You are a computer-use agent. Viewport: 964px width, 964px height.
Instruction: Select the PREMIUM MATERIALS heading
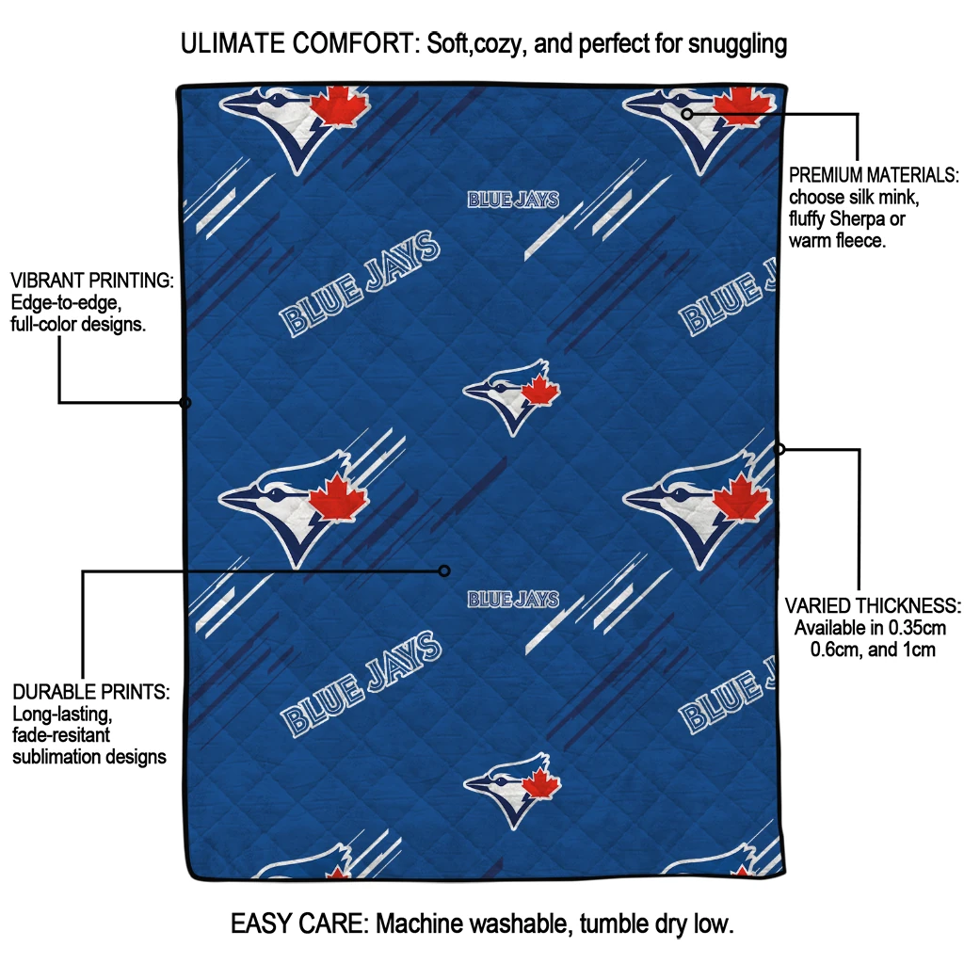(x=874, y=176)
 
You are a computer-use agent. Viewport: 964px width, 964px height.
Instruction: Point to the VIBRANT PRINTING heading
(x=91, y=281)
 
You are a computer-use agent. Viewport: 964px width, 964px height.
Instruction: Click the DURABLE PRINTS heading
(x=90, y=692)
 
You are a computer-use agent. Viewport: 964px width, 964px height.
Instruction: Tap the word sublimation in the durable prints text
(x=56, y=757)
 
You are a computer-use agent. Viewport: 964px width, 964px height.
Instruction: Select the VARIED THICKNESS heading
(x=873, y=605)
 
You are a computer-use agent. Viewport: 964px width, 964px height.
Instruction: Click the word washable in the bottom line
(x=518, y=924)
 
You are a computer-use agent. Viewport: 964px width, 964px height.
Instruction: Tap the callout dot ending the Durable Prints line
(x=445, y=570)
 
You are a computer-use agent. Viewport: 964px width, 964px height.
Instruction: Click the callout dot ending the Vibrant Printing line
(x=185, y=403)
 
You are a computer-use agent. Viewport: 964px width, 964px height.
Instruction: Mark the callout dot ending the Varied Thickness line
(x=779, y=449)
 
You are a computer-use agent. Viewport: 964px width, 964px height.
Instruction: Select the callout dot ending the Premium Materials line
(x=687, y=114)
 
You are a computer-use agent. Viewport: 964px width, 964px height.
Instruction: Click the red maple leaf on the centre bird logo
(x=540, y=392)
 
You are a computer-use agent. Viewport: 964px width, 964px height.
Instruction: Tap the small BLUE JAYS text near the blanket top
(x=513, y=200)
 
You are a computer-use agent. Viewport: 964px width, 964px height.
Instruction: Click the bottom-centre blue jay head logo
(x=512, y=789)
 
